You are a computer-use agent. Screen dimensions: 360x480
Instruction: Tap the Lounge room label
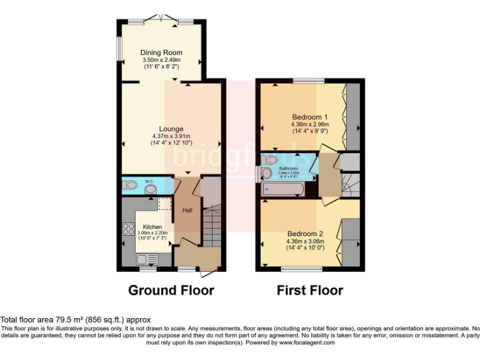point(171,129)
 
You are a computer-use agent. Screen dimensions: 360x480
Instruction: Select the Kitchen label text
point(152,226)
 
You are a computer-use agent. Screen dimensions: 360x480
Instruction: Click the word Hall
point(187,211)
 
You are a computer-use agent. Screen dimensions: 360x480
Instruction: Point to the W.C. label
point(149,182)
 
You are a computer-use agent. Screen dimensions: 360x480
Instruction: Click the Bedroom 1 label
point(309,117)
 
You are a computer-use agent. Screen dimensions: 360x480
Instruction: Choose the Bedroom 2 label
point(305,234)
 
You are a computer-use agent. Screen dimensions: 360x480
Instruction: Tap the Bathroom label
point(289,169)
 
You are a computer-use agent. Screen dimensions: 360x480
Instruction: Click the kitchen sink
point(145,259)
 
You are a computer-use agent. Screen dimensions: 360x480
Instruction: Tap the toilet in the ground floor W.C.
point(130,186)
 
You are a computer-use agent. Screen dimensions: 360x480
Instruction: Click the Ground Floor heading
point(171,290)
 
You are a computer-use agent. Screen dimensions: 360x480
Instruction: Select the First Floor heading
point(309,290)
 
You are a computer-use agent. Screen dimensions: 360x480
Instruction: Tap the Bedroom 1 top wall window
point(305,81)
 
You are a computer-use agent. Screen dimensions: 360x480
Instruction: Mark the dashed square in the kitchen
point(165,204)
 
